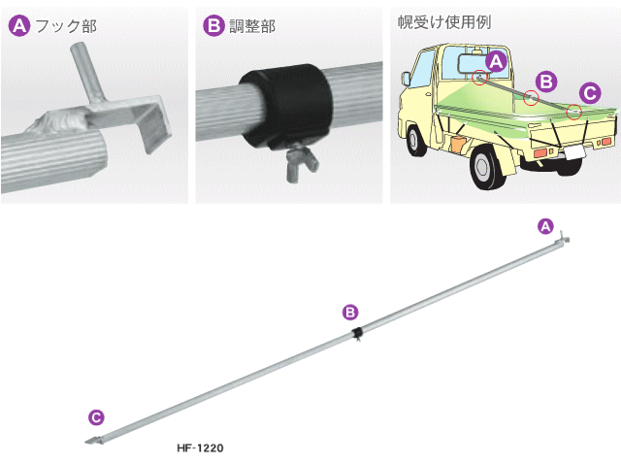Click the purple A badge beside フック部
(19, 26)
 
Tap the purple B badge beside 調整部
(213, 26)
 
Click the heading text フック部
(66, 26)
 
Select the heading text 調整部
(252, 26)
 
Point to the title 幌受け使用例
(444, 22)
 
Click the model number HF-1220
(201, 448)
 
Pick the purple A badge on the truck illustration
(496, 62)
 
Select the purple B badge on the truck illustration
(546, 82)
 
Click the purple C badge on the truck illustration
(590, 93)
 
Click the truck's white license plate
(574, 152)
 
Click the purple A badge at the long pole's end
(545, 226)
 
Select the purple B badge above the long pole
(350, 313)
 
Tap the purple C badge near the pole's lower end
(96, 417)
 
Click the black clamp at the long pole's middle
(357, 333)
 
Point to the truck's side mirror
(406, 79)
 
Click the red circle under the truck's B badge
(531, 97)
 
